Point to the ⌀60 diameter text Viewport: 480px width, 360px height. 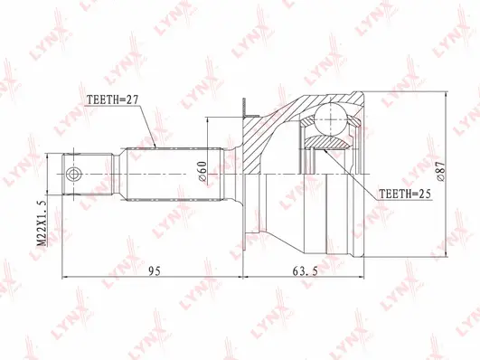pyautogui.click(x=202, y=169)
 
